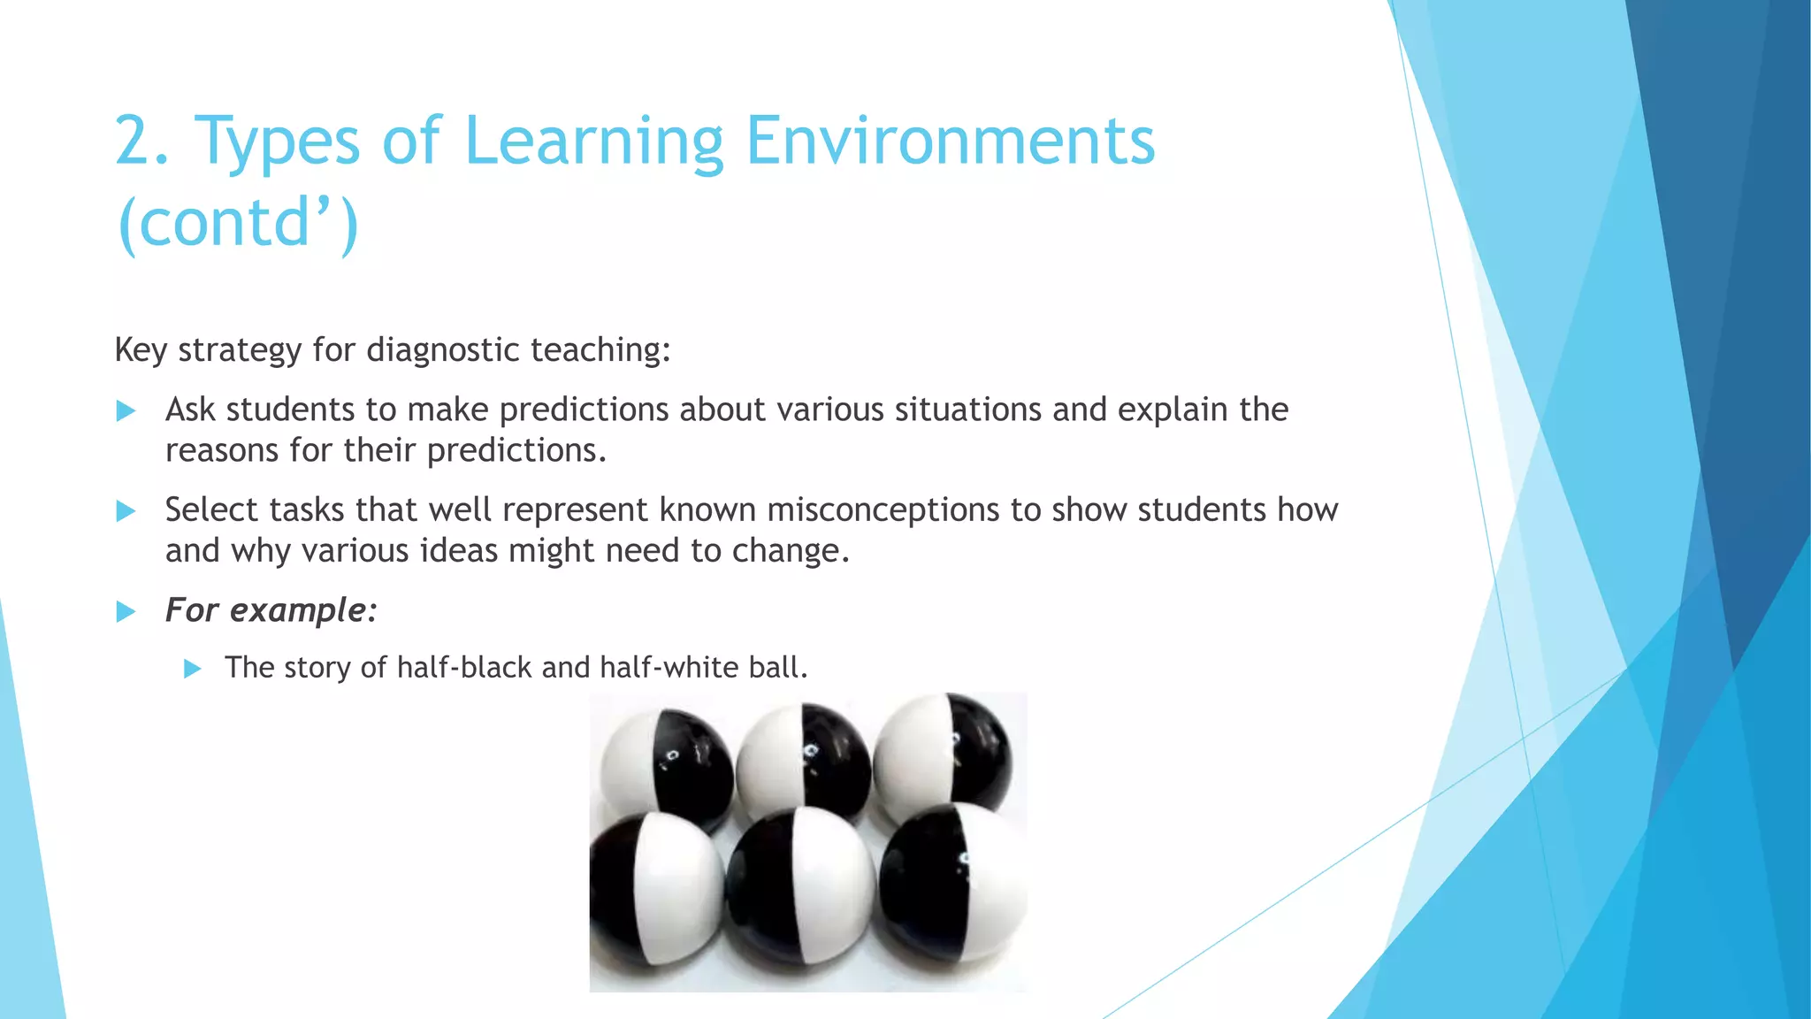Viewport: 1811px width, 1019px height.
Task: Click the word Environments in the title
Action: click(x=950, y=142)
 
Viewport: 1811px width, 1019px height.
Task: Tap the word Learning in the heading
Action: click(x=593, y=142)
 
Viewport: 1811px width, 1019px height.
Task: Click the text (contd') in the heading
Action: click(x=238, y=223)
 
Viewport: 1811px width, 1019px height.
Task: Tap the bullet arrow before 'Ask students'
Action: click(x=126, y=410)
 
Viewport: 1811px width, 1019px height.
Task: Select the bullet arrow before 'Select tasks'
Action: click(x=126, y=511)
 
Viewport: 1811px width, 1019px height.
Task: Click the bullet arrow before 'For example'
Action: click(x=126, y=611)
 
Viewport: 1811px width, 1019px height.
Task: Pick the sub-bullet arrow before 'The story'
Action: click(x=192, y=669)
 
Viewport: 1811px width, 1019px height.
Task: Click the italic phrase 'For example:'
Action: click(x=271, y=610)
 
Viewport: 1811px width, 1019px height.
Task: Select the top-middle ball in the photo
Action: click(x=803, y=759)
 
